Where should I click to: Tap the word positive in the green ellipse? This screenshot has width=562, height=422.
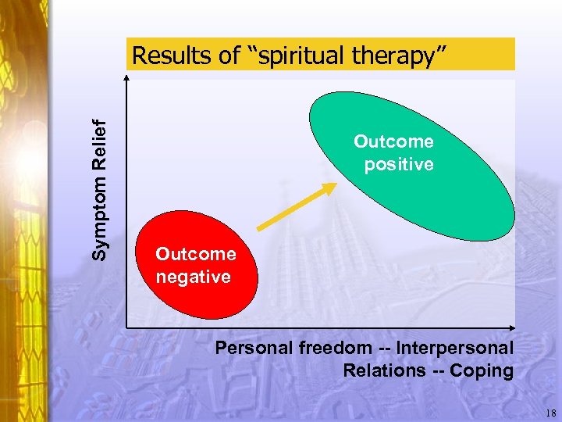click(x=398, y=165)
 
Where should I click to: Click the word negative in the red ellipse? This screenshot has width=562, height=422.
click(x=193, y=277)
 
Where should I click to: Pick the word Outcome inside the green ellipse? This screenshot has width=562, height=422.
click(x=393, y=141)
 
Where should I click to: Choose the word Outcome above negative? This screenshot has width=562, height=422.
click(x=195, y=254)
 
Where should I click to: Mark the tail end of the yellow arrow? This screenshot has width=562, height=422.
click(x=259, y=229)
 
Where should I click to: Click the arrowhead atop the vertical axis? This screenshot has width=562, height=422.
click(x=126, y=78)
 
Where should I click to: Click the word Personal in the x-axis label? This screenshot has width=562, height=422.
click(x=254, y=348)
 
